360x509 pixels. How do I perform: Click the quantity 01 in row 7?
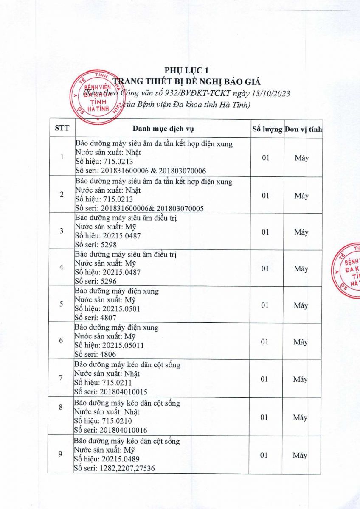tap(264, 379)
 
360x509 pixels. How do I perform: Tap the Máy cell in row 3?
tap(301, 232)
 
